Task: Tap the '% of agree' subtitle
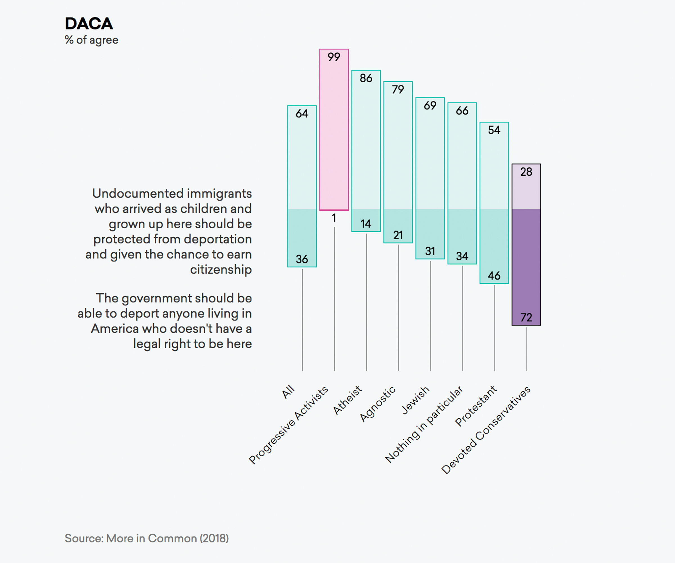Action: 92,40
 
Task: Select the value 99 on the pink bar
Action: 334,57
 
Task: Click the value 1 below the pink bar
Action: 334,218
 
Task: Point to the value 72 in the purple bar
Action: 526,318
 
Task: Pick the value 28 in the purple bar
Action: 526,172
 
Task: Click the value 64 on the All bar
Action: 302,113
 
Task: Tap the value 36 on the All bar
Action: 302,259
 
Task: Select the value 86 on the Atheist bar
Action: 366,78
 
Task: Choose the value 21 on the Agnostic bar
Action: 398,235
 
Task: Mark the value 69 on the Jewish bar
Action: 430,106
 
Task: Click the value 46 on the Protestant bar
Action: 494,275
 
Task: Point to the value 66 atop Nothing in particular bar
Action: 462,111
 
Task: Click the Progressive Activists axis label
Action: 288,425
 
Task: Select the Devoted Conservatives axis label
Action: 486,430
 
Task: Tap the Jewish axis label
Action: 415,400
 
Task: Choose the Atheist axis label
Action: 347,400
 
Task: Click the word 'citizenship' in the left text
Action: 221,270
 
